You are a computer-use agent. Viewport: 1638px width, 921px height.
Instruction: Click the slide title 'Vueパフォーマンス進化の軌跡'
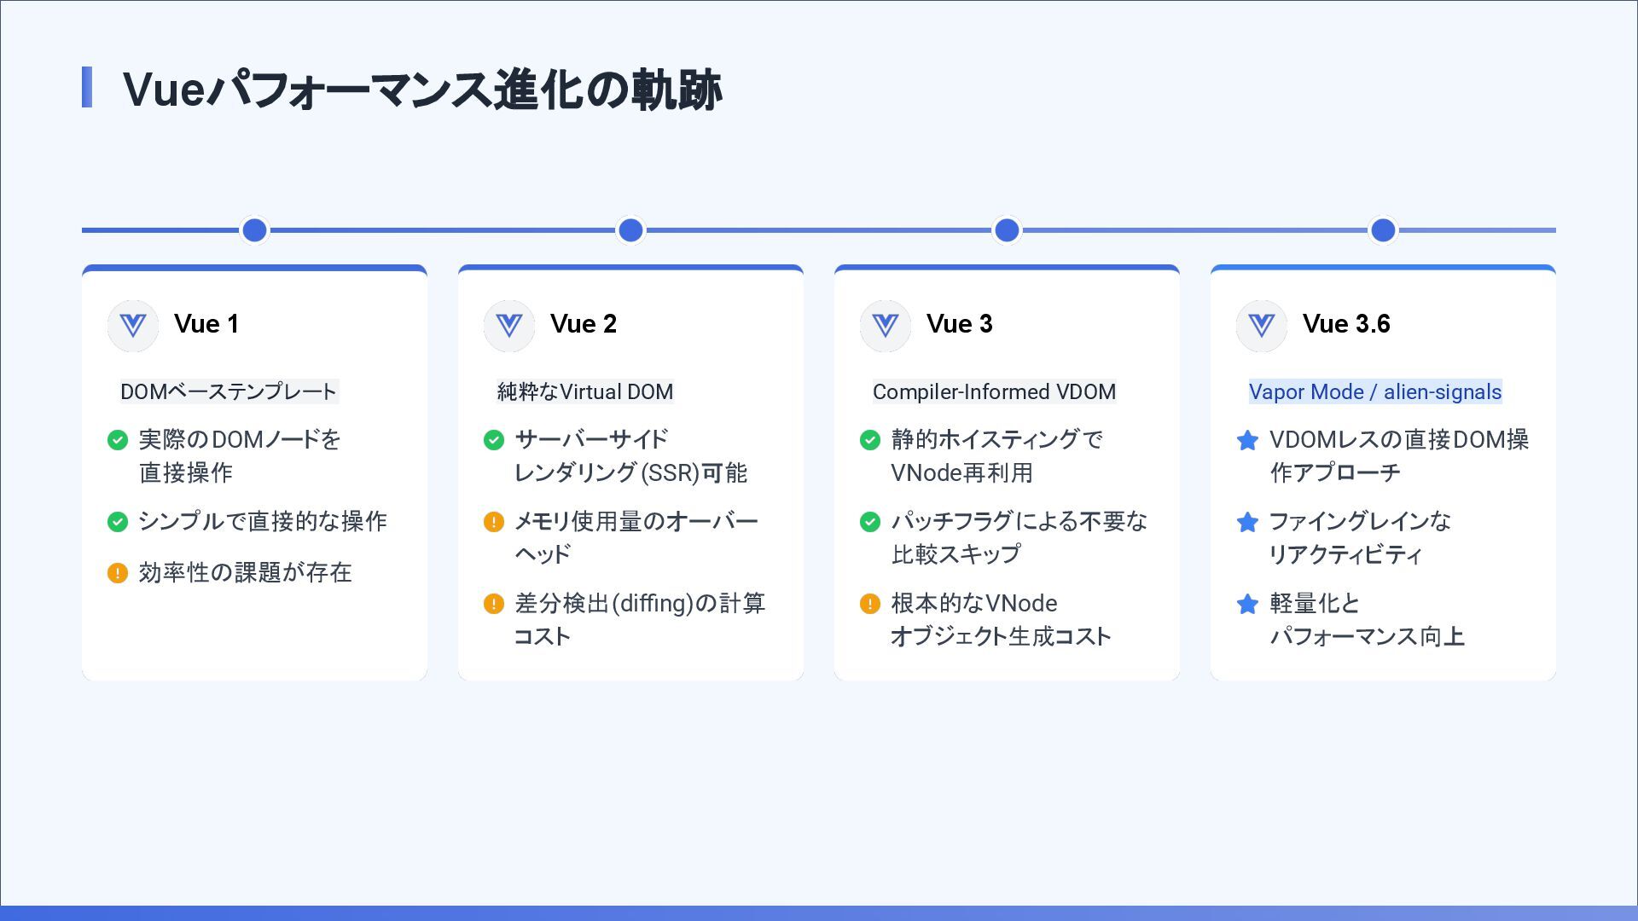(x=422, y=90)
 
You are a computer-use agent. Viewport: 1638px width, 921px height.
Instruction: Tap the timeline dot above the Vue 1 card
(x=254, y=230)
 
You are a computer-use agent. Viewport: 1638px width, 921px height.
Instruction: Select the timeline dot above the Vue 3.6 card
(x=1383, y=230)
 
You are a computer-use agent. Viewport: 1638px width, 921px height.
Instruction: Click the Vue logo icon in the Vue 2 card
(x=509, y=326)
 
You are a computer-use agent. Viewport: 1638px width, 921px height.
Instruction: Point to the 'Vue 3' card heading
(x=959, y=324)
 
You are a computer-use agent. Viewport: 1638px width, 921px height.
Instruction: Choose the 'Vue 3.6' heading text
(x=1346, y=324)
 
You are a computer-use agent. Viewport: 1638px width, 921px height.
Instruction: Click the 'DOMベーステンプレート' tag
(x=229, y=391)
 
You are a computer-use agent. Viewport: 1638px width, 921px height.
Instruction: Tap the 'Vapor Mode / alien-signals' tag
(x=1374, y=391)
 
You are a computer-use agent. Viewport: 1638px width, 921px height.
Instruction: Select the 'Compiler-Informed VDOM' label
(x=994, y=391)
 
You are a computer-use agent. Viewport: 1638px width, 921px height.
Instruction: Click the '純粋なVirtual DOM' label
(x=585, y=391)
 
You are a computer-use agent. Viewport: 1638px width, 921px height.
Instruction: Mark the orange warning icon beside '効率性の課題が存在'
(x=118, y=573)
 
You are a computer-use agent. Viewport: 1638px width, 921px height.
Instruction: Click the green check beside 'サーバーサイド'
(x=494, y=440)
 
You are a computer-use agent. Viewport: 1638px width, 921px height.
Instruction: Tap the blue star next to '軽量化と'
(x=1247, y=605)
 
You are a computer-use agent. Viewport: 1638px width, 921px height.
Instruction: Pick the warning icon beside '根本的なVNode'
(x=870, y=605)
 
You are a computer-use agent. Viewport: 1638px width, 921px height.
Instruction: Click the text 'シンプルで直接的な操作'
(x=263, y=521)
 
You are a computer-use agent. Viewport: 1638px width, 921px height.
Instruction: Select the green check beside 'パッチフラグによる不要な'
(x=870, y=522)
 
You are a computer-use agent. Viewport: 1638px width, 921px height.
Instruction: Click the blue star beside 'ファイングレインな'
(x=1247, y=522)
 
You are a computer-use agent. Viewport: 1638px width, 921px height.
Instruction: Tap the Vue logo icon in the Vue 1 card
(x=133, y=326)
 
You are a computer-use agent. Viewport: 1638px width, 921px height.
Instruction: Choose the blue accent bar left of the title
(x=87, y=88)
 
